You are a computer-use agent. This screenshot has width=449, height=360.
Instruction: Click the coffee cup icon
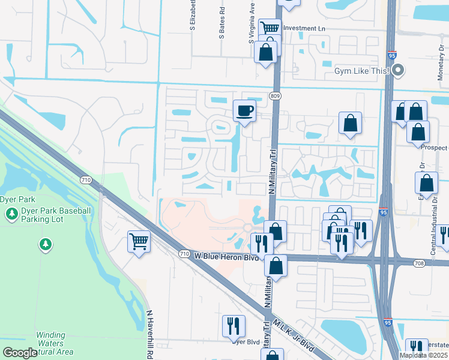(244, 111)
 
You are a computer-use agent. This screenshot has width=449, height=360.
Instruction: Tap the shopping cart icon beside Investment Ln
(270, 28)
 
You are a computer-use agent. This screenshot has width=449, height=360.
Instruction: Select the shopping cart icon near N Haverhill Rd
(139, 242)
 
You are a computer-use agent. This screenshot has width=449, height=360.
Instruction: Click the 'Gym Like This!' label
(361, 71)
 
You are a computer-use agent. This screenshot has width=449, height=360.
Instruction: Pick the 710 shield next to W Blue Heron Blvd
(185, 255)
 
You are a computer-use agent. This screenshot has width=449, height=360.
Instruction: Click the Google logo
(20, 353)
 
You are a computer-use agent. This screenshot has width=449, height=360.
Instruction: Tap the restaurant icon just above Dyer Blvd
(234, 326)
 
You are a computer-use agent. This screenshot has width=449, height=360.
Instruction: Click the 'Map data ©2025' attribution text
(423, 355)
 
